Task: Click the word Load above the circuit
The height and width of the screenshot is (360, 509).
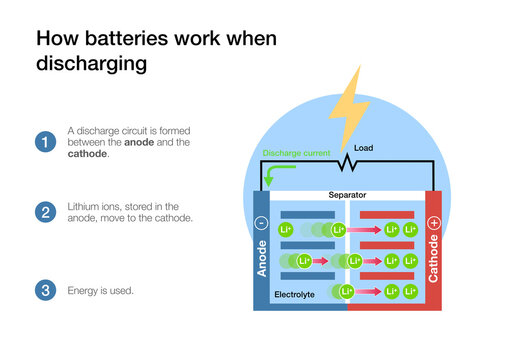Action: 364,147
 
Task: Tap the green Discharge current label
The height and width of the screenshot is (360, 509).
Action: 295,153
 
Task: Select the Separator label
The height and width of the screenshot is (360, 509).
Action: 345,196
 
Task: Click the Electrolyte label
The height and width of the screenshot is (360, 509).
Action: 295,295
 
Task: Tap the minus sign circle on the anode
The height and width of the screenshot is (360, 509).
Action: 261,223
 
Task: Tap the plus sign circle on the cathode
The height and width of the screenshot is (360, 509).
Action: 433,224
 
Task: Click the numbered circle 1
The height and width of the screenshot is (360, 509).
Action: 44,142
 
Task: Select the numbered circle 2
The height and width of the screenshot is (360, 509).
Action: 44,211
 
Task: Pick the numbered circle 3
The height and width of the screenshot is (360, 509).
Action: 44,290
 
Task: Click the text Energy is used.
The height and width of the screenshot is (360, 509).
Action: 101,290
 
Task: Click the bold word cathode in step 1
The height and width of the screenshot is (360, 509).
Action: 87,154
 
